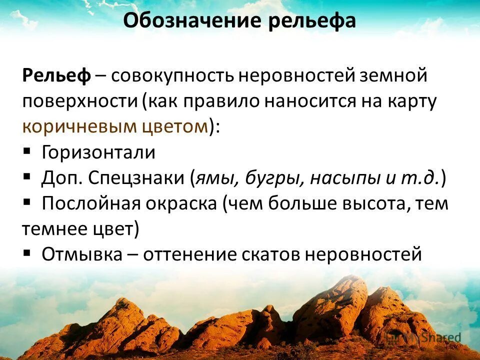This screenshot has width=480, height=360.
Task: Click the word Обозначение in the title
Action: pos(192,21)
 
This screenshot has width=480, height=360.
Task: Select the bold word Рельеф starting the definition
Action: pos(56,76)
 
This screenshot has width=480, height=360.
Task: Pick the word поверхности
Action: pos(80,101)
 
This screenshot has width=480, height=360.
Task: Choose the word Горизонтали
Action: pos(98,152)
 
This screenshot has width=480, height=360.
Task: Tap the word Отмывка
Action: pos(81,254)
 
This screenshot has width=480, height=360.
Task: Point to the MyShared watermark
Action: pos(423,337)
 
